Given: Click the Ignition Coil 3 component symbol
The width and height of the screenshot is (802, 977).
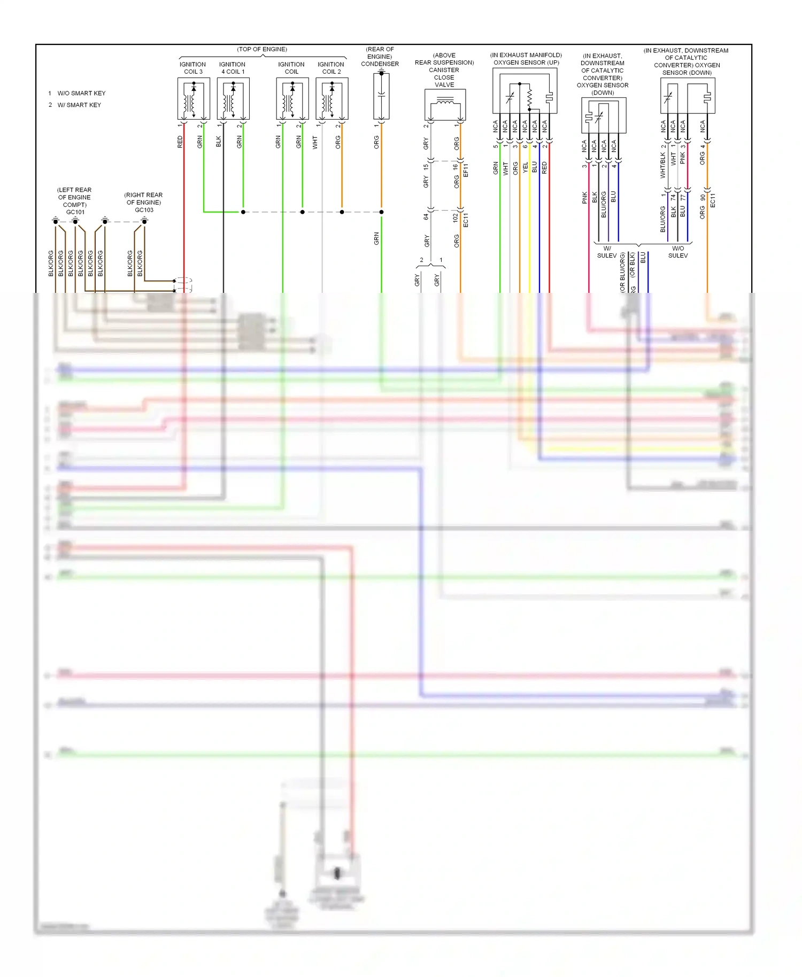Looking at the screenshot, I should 194,99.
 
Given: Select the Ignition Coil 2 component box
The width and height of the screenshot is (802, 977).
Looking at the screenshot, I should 331,99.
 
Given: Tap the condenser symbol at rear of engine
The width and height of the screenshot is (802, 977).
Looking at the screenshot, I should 381,96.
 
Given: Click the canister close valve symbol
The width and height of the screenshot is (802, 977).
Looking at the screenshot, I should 445,105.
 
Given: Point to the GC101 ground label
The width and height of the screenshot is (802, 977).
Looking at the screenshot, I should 75,212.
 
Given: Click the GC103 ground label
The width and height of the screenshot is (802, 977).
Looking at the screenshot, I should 144,210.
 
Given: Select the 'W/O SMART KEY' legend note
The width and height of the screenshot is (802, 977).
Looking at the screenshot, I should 81,93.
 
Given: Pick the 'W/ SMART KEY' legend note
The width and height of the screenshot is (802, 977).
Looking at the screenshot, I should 79,105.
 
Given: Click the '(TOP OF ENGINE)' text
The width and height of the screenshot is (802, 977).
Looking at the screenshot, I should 262,49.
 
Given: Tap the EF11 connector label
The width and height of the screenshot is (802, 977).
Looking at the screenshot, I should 466,170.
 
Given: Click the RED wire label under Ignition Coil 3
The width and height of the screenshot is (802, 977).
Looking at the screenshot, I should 180,142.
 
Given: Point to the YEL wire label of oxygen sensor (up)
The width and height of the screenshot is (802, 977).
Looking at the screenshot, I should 526,168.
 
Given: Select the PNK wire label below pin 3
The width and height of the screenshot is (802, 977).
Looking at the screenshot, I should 584,198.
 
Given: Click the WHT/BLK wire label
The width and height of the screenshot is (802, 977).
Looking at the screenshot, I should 663,165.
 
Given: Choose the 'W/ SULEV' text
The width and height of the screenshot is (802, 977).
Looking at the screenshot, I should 607,252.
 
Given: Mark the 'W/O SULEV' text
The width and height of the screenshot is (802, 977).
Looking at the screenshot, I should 678,252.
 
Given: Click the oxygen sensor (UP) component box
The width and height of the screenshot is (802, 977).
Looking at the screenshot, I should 525,94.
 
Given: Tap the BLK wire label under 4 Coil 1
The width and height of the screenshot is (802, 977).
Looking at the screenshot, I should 219,142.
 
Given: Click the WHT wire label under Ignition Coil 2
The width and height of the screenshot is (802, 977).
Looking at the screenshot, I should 315,143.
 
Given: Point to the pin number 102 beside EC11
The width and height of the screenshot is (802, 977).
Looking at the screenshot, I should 456,218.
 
